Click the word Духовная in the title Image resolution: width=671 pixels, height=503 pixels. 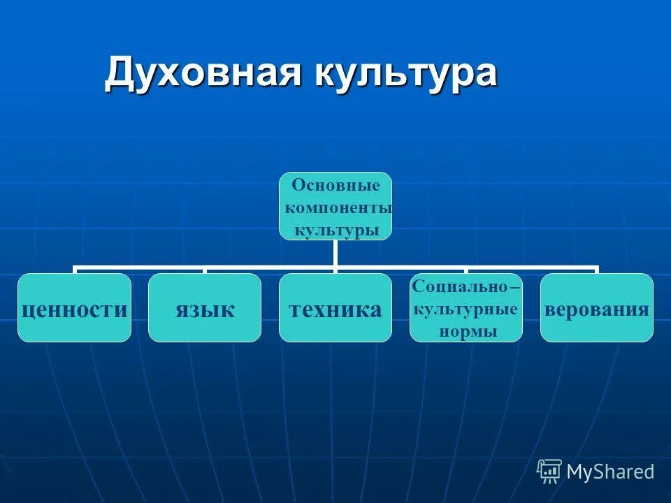[x=198, y=73]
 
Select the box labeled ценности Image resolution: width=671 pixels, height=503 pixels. [x=74, y=308]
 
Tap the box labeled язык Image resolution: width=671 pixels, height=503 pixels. [x=205, y=308]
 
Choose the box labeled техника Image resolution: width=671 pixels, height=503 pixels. [x=335, y=308]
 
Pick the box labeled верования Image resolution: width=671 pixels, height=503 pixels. [x=597, y=308]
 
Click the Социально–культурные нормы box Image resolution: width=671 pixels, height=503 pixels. [x=466, y=308]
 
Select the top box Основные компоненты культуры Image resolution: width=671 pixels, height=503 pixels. [x=335, y=206]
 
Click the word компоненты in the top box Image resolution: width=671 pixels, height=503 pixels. [x=339, y=208]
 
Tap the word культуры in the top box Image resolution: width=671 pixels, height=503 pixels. [x=336, y=230]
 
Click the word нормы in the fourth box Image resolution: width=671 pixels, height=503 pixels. [x=468, y=331]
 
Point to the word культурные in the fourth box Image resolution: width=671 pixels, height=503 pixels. [x=466, y=309]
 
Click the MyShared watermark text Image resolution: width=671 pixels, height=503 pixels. [x=610, y=472]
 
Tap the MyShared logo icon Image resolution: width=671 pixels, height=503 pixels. [x=549, y=472]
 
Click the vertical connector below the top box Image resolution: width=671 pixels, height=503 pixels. [x=335, y=253]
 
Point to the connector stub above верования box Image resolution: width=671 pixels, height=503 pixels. [x=596, y=270]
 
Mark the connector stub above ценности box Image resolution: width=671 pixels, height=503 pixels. [x=75, y=270]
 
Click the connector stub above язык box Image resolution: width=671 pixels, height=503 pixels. [x=205, y=270]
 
